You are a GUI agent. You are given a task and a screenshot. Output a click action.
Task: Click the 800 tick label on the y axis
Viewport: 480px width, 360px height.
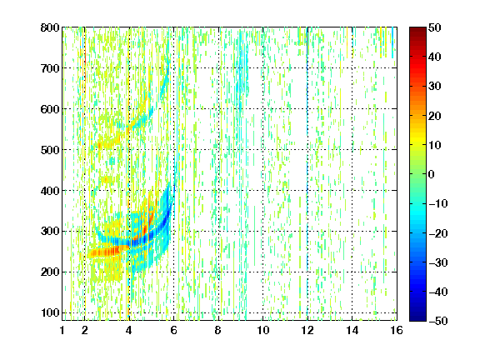50,27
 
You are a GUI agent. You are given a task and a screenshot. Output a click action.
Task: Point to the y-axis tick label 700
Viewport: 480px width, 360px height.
50,68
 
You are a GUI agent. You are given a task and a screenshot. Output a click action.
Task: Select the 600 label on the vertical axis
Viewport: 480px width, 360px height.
50,109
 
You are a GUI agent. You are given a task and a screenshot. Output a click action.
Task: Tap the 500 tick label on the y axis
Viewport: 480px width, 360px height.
50,150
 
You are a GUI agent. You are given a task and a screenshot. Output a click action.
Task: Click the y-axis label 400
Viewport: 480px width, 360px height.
50,191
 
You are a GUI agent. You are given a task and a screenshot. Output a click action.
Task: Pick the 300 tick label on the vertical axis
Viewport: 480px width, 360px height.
50,232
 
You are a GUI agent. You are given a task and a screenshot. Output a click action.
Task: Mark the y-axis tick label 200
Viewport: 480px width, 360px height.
50,272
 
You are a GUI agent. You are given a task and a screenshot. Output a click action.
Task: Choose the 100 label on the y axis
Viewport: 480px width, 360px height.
50,312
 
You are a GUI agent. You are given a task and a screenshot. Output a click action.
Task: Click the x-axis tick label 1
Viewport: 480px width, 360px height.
62,330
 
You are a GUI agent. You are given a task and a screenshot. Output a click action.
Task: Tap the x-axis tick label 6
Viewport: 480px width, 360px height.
173,330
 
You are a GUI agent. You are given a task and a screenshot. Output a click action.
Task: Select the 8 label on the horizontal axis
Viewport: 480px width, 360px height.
218,330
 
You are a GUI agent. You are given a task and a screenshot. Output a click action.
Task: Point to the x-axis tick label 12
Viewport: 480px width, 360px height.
307,330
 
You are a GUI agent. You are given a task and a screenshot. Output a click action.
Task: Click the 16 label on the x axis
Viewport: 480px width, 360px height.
396,330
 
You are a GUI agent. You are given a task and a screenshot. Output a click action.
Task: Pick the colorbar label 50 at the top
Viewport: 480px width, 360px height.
434,27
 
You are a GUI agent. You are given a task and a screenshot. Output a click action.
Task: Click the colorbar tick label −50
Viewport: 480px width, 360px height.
438,321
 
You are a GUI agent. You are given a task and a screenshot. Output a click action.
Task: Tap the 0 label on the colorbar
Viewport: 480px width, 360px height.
432,174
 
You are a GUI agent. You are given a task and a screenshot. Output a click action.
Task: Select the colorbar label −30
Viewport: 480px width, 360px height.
438,262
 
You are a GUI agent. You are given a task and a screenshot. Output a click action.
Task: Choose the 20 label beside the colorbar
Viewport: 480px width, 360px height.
434,116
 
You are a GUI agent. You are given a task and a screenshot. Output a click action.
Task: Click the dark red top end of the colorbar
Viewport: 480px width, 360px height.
417,28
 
